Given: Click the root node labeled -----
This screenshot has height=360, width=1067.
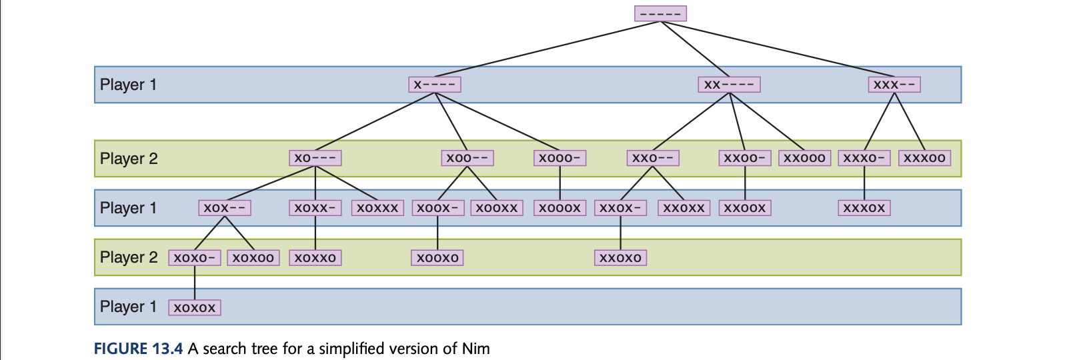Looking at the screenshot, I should [x=660, y=13].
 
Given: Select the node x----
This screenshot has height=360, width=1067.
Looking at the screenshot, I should [x=435, y=85].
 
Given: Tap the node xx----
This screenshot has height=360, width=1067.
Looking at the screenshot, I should [x=729, y=85].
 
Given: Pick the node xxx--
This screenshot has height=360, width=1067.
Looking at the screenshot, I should [x=894, y=85].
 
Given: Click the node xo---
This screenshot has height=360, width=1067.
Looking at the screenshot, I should [x=315, y=158].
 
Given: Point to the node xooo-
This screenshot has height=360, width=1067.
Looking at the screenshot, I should [x=560, y=158].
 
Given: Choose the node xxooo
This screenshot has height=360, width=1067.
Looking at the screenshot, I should [x=804, y=158].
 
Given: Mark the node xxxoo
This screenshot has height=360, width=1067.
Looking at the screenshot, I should [x=924, y=158].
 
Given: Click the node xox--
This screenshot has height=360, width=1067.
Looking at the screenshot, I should [x=225, y=208].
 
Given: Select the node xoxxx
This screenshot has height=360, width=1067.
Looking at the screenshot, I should [x=377, y=208].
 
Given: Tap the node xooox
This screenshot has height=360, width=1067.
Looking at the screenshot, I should [x=560, y=208].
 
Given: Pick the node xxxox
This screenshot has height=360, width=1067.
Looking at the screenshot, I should [x=864, y=208].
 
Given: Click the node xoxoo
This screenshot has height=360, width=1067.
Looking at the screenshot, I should [x=253, y=258].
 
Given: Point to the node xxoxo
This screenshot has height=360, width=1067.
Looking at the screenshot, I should [x=620, y=258].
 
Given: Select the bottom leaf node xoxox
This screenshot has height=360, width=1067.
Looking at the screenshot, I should [x=195, y=307].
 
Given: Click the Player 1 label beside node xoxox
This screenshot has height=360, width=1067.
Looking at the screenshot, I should [x=128, y=307].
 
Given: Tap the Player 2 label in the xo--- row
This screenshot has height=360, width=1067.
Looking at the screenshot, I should [x=129, y=159].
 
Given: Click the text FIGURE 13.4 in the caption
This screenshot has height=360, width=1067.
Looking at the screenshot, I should [x=138, y=349].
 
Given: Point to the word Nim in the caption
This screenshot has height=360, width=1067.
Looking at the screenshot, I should [x=476, y=349].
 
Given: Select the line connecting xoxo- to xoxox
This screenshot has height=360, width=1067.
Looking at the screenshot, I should [x=195, y=283].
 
